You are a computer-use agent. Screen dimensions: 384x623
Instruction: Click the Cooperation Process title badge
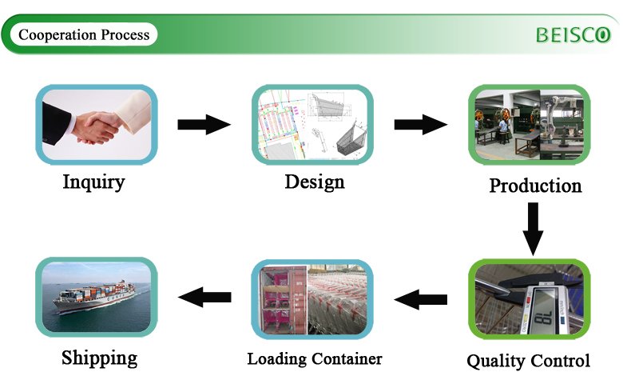(84, 35)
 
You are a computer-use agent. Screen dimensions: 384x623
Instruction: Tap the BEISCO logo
(572, 35)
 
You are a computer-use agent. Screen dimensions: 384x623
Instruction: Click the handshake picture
(97, 124)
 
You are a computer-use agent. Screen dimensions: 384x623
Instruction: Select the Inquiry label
(94, 182)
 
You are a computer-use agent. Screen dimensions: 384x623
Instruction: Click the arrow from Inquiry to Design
(204, 124)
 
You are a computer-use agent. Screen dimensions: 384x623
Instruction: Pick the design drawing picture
(312, 124)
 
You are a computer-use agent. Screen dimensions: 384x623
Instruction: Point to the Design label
(315, 182)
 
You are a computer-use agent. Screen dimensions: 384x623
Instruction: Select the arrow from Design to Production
(420, 124)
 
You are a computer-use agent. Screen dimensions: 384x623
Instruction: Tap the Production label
(535, 186)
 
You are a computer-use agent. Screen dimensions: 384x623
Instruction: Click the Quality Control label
(528, 361)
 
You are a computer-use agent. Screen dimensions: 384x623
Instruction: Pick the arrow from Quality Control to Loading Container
(421, 300)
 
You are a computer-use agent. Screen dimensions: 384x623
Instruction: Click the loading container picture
(312, 298)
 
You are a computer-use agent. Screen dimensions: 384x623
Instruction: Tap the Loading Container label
(314, 358)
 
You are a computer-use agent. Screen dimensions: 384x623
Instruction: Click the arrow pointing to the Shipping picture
(204, 298)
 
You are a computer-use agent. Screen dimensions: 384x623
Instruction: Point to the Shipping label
(99, 357)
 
